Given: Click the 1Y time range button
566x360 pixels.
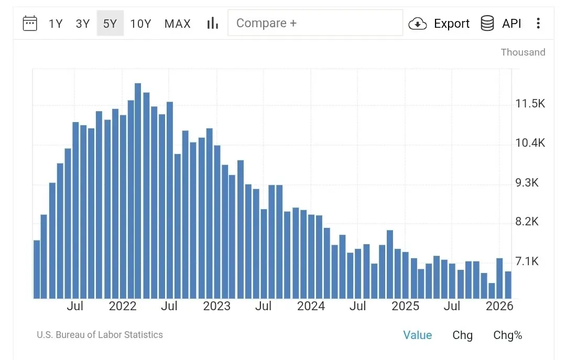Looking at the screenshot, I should coord(56,24).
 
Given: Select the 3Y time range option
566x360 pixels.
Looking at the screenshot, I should coord(83,24).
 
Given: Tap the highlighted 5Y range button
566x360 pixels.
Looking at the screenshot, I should coord(110,24).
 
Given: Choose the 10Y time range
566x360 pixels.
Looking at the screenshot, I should coord(140,24).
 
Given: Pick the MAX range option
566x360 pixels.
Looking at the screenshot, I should coord(178,24).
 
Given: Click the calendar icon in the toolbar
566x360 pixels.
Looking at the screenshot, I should coord(30,23).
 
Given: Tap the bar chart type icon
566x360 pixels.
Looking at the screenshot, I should coord(212,23).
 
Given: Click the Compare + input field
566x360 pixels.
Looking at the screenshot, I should coord(315,23).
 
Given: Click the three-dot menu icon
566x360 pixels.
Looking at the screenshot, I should coord(538,23).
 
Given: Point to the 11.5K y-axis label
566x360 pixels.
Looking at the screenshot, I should coord(530,104).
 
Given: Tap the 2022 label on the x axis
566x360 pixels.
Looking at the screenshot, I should coord(123,306).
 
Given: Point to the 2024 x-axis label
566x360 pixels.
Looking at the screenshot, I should coord(311,306).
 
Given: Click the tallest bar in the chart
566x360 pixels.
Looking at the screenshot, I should coord(138,191).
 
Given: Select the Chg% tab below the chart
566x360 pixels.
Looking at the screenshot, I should coord(507,335).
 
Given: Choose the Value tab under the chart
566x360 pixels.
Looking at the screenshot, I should coord(418,335).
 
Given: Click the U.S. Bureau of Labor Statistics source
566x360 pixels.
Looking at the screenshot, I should coord(100,335).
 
